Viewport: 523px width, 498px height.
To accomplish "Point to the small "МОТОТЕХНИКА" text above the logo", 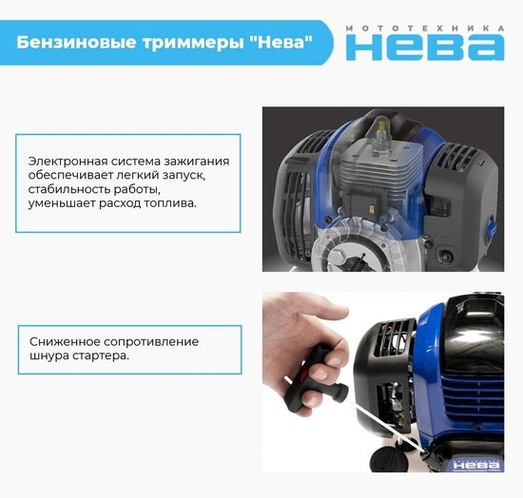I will click(x=425, y=28).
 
